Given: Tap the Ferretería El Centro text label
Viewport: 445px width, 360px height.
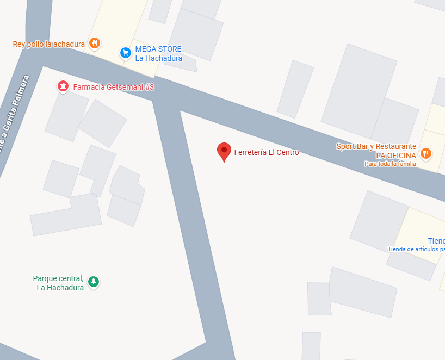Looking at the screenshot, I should click(267, 153).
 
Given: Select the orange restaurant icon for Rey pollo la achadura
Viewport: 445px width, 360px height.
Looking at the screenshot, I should click(95, 44).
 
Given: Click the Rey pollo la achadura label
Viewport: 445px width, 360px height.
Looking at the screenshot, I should click(49, 44).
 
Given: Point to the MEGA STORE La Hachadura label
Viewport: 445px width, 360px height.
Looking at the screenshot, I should click(158, 54).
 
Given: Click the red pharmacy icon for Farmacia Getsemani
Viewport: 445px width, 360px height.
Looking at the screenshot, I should click(63, 86).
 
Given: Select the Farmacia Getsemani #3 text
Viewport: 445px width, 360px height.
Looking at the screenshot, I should click(114, 87).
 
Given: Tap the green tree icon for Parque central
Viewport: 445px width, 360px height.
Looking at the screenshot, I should click(94, 282).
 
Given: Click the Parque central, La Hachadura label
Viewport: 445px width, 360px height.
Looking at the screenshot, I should click(59, 283).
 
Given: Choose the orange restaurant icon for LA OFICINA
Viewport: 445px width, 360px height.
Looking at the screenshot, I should click(426, 153).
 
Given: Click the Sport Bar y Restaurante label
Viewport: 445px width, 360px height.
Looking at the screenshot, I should click(376, 147).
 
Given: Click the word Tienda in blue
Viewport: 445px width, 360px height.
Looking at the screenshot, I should click(436, 241).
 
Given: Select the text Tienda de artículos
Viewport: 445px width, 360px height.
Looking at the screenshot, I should click(416, 249).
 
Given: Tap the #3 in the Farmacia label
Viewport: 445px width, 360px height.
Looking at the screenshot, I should click(149, 87).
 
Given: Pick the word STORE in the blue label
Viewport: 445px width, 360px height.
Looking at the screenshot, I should click(170, 49).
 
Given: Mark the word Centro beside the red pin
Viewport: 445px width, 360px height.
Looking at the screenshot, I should click(287, 153).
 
